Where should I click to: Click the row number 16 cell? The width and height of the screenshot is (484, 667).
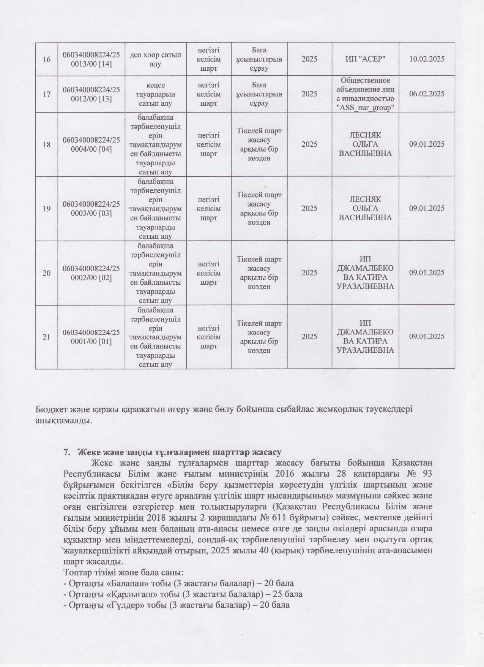coord(47,59)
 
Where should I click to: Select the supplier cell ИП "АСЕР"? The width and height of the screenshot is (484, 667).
coord(365,59)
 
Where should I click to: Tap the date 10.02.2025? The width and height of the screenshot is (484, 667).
coord(427,59)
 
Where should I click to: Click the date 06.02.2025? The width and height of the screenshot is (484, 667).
coord(427,94)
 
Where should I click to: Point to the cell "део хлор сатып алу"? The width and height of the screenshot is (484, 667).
coord(156,59)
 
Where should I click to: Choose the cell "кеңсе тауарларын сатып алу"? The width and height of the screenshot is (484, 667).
coord(156,94)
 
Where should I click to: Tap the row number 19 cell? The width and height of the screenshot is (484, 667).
coord(47,208)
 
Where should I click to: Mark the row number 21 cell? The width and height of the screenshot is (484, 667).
coord(47,337)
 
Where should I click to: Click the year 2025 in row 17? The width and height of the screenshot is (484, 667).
coord(309,94)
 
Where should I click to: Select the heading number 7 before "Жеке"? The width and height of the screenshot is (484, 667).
coord(66,452)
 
